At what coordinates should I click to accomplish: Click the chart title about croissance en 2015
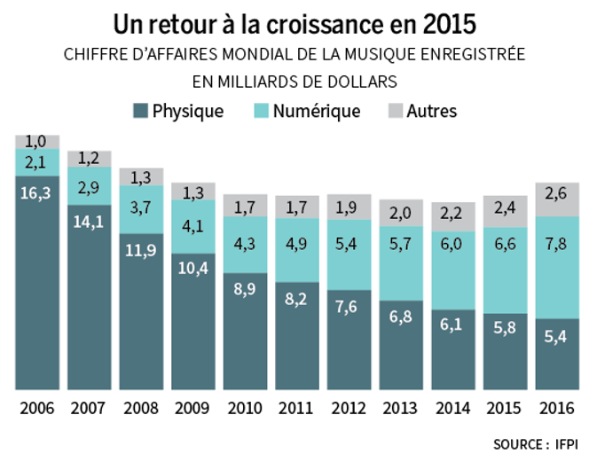[294, 21]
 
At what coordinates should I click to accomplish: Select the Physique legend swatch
[140, 111]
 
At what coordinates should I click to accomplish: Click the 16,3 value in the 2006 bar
[36, 190]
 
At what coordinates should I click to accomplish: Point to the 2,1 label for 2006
[36, 161]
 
